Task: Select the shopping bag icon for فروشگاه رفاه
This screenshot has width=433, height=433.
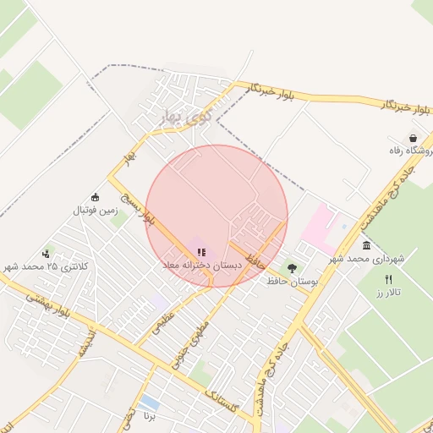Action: [x=413, y=137]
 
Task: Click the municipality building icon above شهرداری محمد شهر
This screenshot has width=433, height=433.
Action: [x=366, y=245]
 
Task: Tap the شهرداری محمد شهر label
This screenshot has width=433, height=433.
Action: [x=365, y=257]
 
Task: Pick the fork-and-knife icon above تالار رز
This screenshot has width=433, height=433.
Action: [x=389, y=279]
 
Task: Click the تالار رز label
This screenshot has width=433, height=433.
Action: [x=389, y=292]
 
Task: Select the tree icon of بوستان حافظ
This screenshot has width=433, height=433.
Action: [x=293, y=268]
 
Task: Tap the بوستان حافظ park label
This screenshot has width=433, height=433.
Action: [x=292, y=281]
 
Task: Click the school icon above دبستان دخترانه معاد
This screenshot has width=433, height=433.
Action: [x=201, y=252]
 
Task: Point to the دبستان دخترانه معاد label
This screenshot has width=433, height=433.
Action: [x=201, y=265]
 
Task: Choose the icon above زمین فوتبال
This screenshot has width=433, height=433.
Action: [x=96, y=196]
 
